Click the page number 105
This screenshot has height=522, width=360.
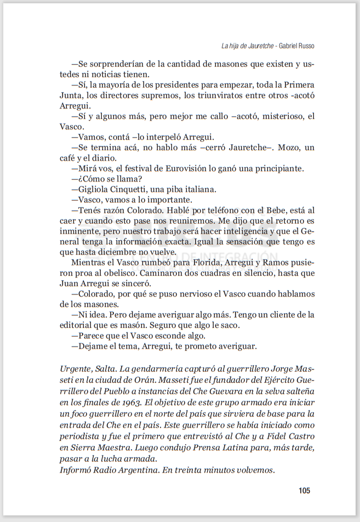point(305,490)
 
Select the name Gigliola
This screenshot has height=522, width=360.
point(94,189)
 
